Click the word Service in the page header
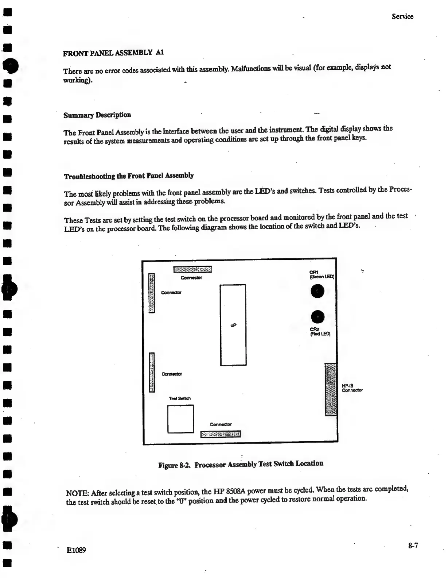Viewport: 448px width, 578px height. click(402, 16)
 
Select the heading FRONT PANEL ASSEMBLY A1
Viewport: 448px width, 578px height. click(113, 53)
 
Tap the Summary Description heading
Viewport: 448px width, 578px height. click(97, 115)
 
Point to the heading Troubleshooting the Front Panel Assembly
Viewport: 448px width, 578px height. click(129, 176)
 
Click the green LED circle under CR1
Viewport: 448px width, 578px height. click(318, 291)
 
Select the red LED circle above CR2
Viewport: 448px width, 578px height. click(318, 316)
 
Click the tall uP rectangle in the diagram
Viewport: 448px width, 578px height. click(233, 324)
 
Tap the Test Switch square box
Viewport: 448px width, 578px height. click(180, 419)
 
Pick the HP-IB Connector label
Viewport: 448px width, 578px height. click(352, 388)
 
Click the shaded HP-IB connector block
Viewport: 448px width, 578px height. click(331, 389)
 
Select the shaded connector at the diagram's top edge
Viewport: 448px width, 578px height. click(192, 270)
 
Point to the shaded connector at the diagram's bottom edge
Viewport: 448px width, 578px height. click(221, 434)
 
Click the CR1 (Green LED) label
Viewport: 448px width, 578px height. click(321, 274)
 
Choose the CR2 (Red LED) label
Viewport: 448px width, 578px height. click(320, 332)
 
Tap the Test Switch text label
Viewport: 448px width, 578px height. click(180, 398)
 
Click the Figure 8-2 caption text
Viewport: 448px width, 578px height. click(241, 464)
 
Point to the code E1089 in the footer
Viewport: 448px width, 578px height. click(76, 550)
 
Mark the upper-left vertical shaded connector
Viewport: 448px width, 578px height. click(152, 293)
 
